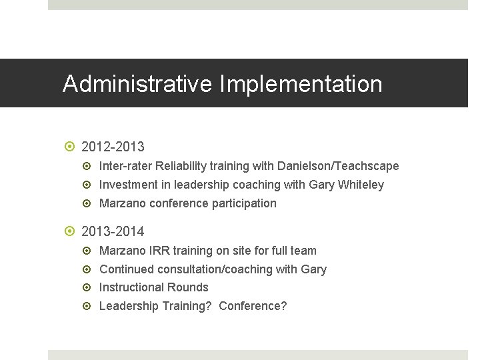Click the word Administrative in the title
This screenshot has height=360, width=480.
(x=138, y=84)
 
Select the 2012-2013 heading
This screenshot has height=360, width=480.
(x=113, y=147)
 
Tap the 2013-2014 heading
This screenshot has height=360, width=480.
(x=113, y=232)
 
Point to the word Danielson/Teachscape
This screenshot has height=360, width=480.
(x=337, y=166)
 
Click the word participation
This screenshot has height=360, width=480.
(x=243, y=203)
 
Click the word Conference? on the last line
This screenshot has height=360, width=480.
(x=253, y=306)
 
